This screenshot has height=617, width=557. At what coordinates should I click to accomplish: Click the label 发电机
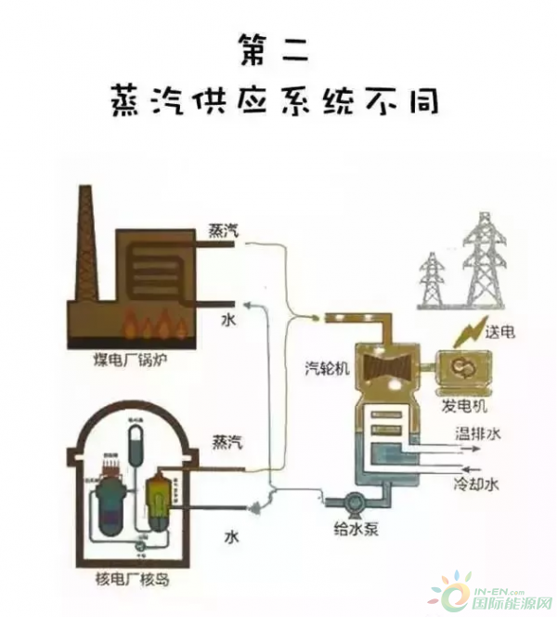pos(464,406)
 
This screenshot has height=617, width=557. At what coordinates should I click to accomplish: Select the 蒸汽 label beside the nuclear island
pos(227,441)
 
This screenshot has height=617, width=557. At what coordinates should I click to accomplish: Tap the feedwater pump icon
pos(352,503)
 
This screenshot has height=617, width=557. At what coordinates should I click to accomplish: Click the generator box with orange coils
pos(464,373)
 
